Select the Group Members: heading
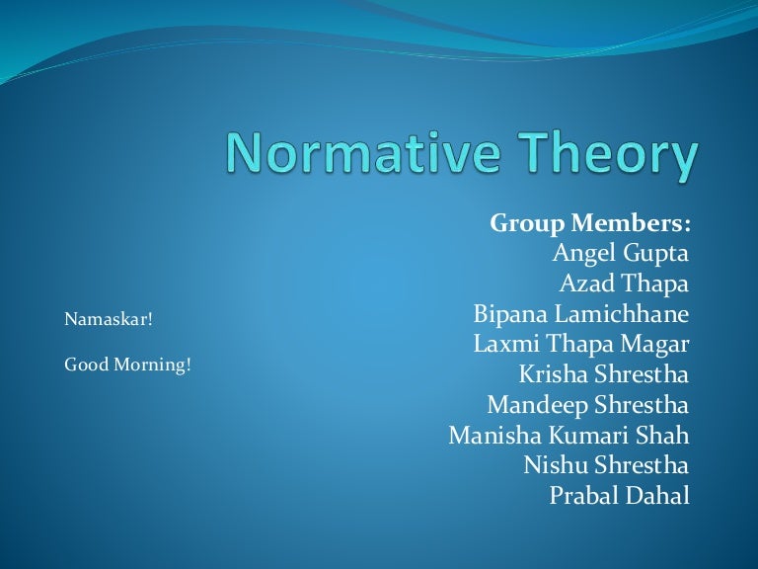pyautogui.click(x=590, y=223)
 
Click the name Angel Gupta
pyautogui.click(x=621, y=254)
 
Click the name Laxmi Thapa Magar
pyautogui.click(x=581, y=345)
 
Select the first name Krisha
pyautogui.click(x=552, y=374)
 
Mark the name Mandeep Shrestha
pyautogui.click(x=588, y=405)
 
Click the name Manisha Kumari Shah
pyautogui.click(x=569, y=436)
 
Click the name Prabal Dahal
pyautogui.click(x=620, y=496)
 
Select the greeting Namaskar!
pyautogui.click(x=109, y=319)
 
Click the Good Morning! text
pyautogui.click(x=127, y=365)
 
